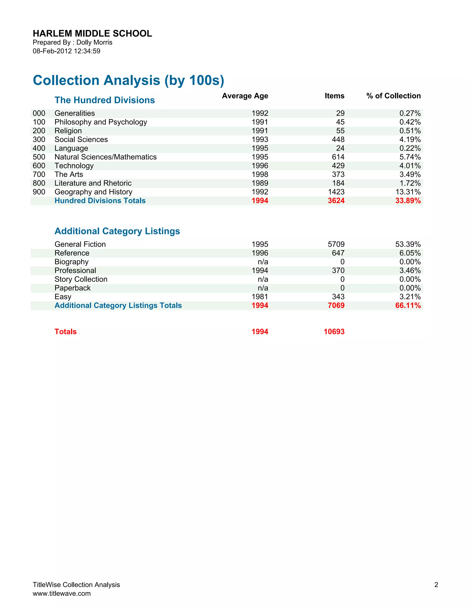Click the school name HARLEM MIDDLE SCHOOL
click(x=92, y=34)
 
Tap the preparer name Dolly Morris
click(x=94, y=42)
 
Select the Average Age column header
click(x=245, y=96)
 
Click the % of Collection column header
click(x=393, y=96)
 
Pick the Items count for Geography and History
click(x=336, y=192)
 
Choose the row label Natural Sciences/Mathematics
click(x=106, y=157)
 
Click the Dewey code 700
click(x=39, y=174)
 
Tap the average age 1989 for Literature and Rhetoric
click(x=260, y=183)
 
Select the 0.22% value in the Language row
click(x=410, y=148)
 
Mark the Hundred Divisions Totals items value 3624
click(x=336, y=201)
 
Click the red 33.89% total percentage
click(x=408, y=201)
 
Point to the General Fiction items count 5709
click(x=336, y=244)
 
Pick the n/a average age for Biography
click(x=263, y=262)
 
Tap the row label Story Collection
click(x=81, y=279)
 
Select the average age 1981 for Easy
click(x=260, y=297)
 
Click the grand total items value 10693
click(x=334, y=332)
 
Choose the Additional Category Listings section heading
click(x=117, y=231)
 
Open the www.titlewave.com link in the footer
click(x=62, y=593)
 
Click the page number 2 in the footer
click(x=436, y=585)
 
